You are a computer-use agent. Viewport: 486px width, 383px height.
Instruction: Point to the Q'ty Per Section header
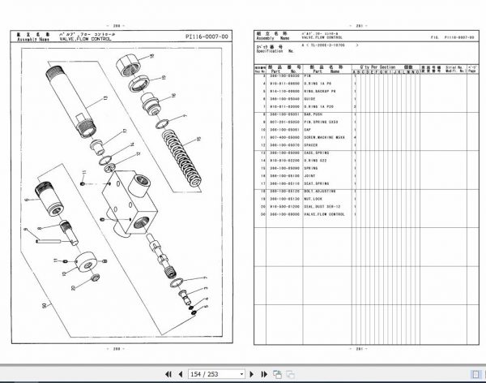point(378,67)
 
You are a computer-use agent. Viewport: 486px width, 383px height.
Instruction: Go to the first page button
point(168,373)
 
